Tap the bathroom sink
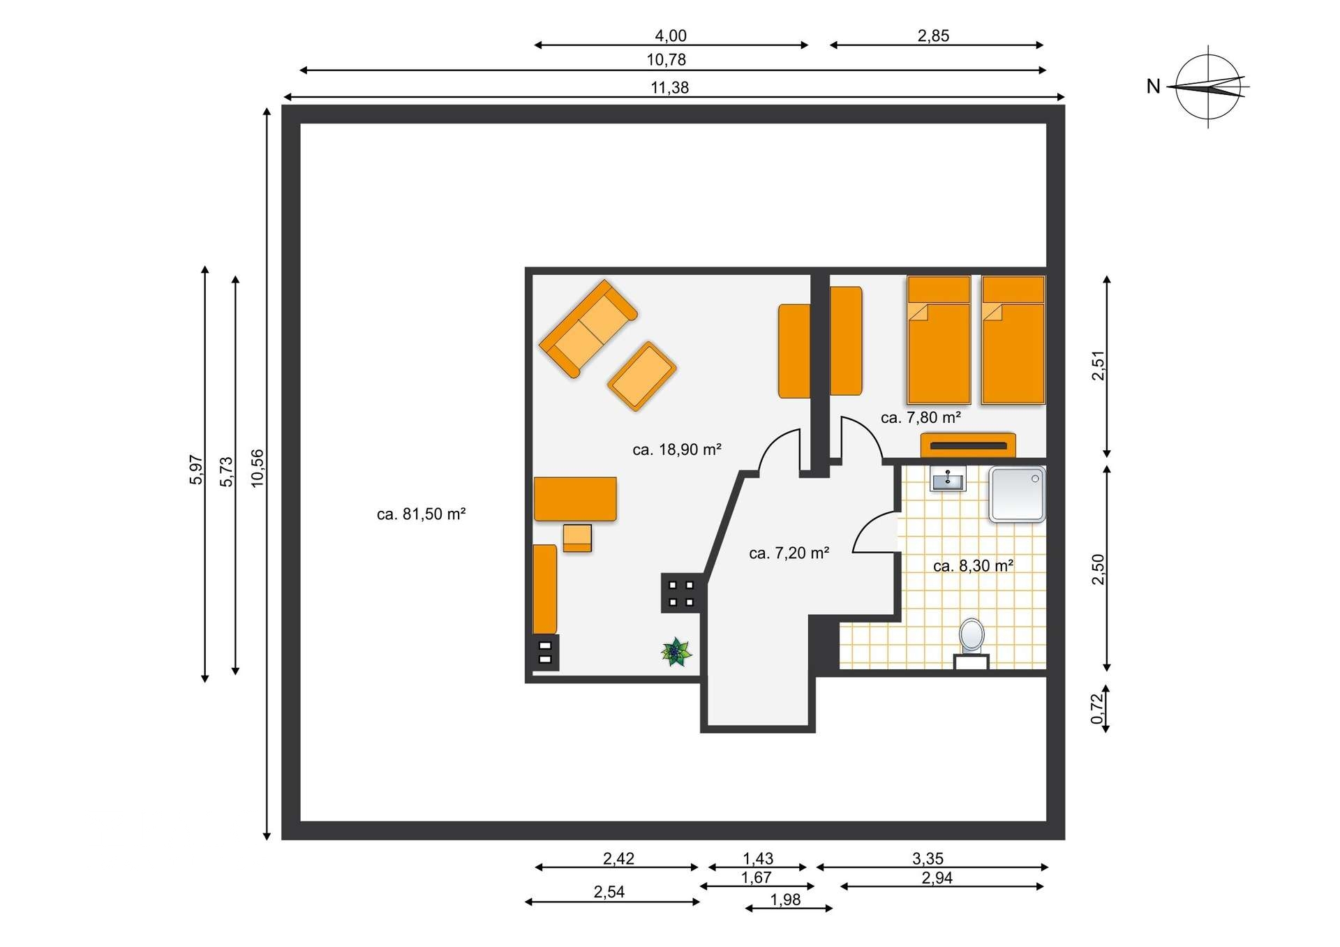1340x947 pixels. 948,479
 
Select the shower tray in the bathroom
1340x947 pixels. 1017,495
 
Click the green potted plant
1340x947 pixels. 676,652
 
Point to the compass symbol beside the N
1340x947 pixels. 1208,87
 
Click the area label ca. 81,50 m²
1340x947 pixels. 421,514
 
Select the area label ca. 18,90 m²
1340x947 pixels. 676,449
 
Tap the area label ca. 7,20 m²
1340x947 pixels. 789,553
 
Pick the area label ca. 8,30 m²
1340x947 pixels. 973,566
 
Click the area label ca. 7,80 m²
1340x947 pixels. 921,417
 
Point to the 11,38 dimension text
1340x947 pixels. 669,87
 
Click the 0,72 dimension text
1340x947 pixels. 1098,708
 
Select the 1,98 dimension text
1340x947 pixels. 785,900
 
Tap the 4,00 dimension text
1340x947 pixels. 670,36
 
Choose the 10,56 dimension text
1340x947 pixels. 258,468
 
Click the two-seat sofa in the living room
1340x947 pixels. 588,329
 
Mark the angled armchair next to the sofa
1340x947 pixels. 641,376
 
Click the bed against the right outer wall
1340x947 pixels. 1013,340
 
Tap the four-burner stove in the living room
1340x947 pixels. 680,593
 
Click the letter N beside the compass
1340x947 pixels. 1153,87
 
